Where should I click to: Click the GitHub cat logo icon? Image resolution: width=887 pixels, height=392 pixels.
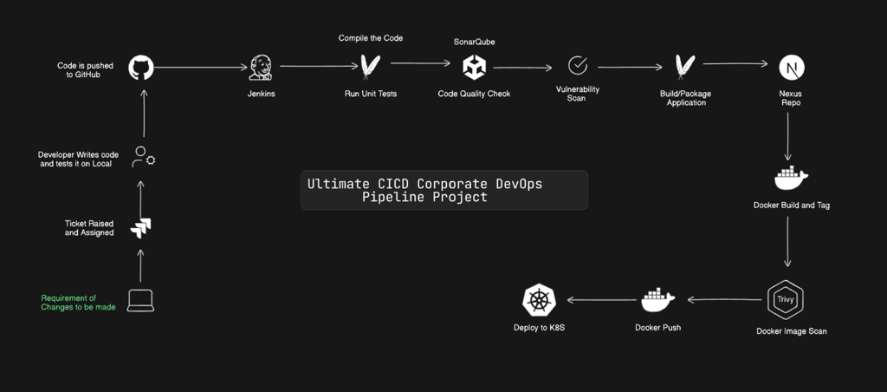(141, 68)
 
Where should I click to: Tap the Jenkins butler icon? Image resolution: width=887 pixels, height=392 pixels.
(261, 68)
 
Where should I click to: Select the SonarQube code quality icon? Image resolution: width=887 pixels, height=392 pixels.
(474, 67)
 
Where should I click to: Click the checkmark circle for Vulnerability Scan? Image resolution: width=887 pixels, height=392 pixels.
(577, 65)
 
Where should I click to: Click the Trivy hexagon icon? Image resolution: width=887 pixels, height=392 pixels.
(786, 300)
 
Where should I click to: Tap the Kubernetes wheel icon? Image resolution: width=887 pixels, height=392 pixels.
(539, 301)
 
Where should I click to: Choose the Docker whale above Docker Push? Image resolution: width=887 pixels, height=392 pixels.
(657, 300)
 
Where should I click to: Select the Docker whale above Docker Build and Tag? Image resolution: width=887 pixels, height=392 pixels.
(790, 178)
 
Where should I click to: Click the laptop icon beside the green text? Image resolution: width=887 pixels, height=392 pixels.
(140, 301)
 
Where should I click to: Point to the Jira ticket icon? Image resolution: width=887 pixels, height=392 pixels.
(140, 228)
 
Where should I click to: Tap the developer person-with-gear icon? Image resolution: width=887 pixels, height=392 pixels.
(143, 157)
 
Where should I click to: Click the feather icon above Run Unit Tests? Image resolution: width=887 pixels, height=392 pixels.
(370, 67)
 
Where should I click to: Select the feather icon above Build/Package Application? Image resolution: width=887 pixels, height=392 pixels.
(684, 67)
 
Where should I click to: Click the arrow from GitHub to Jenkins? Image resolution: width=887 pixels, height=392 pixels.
(200, 67)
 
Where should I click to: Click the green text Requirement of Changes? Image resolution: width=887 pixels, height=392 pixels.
(78, 303)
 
